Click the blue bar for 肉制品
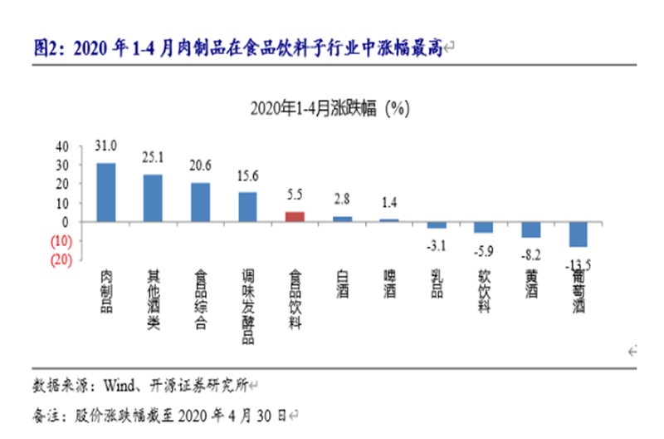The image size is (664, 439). [106, 192]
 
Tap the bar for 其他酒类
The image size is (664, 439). [154, 198]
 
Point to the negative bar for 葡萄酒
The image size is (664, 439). [579, 234]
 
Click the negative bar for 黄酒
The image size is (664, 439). [531, 229]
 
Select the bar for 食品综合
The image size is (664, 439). [201, 202]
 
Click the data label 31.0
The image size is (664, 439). [106, 145]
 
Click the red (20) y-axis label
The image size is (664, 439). [60, 259]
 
